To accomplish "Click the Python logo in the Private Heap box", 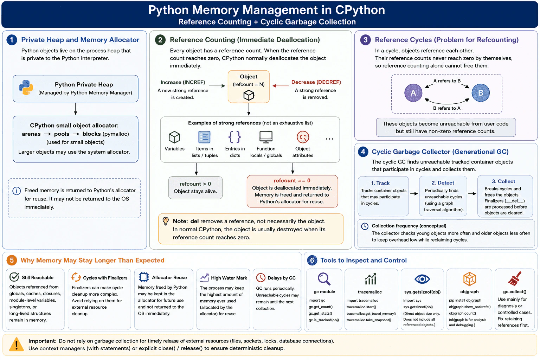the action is click(26, 87).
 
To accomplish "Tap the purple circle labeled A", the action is click(413, 93).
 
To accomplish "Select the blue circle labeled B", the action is click(481, 93).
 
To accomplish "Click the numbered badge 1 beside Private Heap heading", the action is click(12, 40).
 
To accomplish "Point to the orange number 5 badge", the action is click(12, 261).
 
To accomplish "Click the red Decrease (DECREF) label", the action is click(316, 82).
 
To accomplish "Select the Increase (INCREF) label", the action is click(183, 82).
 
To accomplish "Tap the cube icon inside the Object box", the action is click(249, 95).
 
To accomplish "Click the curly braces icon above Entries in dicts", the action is click(234, 137).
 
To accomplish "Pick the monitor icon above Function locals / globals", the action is click(266, 137).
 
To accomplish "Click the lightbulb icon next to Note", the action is click(166, 221).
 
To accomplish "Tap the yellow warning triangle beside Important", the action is click(17, 344).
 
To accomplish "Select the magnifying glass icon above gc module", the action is click(324, 279).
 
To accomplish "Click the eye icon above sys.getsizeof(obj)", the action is click(422, 279).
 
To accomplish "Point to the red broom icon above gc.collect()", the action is click(514, 279).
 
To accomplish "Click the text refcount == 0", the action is click(292, 181).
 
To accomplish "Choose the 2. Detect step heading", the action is click(443, 183).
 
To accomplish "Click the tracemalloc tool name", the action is click(370, 292).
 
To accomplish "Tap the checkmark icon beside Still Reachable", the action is click(14, 277).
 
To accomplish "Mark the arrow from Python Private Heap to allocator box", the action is click(76, 109).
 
